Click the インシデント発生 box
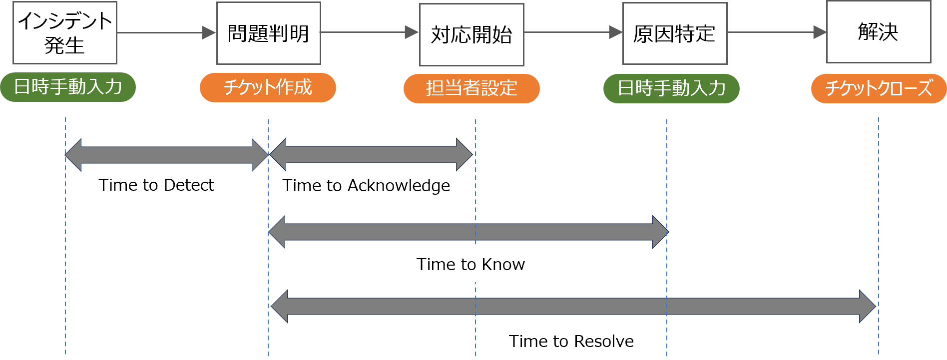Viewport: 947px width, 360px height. point(65,33)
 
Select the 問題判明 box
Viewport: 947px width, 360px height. point(268,33)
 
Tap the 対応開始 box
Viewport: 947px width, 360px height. point(472,34)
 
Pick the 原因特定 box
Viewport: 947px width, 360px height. point(674,33)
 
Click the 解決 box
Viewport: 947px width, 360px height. point(878,32)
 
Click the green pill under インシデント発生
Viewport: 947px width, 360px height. point(68,87)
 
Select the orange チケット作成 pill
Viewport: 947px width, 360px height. point(268,88)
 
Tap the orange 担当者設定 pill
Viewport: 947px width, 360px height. point(472,88)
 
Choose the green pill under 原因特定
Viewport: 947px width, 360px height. point(671,88)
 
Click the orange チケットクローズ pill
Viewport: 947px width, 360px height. point(879,88)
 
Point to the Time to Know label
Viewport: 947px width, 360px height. point(480,264)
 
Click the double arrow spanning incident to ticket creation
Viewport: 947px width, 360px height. point(166,155)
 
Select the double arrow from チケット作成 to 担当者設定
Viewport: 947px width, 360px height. point(371,155)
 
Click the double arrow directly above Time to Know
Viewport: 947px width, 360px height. point(468,232)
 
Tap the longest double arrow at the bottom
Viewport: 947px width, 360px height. point(573,307)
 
